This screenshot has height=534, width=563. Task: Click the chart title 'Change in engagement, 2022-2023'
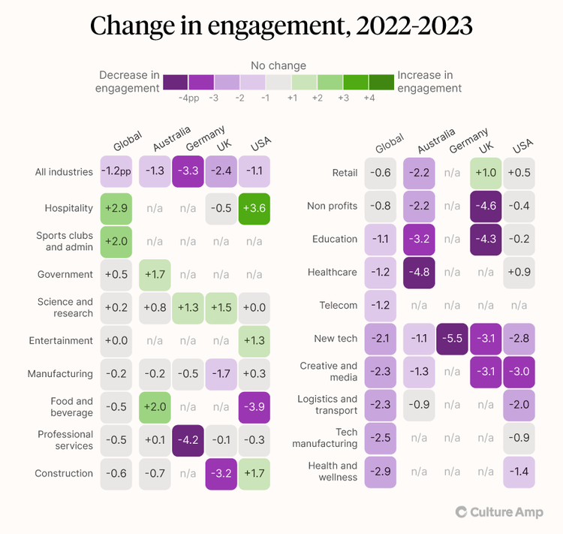(281, 26)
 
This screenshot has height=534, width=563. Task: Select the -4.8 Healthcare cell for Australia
(420, 272)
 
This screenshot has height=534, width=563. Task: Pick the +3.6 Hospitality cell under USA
(255, 208)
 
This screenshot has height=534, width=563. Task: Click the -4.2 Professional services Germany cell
(188, 440)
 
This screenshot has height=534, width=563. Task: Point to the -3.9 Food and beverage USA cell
(255, 406)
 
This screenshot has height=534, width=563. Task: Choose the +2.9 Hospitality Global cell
(116, 208)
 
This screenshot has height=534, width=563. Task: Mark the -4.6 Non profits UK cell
(486, 206)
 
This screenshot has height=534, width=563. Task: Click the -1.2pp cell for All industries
(116, 172)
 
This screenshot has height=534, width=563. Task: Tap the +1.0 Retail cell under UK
(486, 173)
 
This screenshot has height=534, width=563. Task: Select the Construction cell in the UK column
(221, 473)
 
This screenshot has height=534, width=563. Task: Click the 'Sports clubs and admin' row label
(64, 241)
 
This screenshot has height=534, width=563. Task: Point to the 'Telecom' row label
(338, 306)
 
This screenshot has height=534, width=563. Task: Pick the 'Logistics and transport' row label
(327, 405)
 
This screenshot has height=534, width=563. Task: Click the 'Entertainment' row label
(60, 340)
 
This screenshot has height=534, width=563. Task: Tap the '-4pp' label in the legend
(188, 98)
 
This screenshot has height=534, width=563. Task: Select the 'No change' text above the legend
(278, 65)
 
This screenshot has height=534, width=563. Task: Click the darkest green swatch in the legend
(381, 82)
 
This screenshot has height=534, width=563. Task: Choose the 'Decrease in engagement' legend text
(129, 81)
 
